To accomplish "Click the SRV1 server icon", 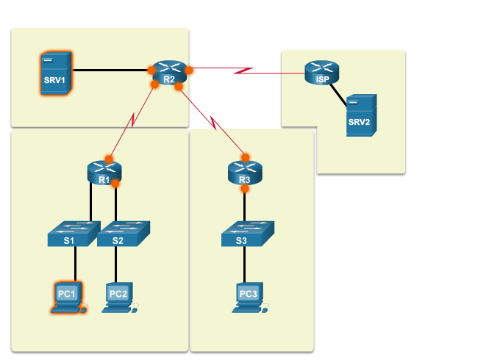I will coord(56,73).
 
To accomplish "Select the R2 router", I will coord(169,73).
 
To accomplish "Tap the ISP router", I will coord(321,73).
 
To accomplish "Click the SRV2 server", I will coord(361,115).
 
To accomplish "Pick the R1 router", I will coord(104,173).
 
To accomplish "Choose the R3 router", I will coord(245,173).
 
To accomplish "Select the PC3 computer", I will coord(249,297).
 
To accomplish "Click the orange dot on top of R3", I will coord(245,157).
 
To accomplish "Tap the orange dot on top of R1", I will coord(109,158).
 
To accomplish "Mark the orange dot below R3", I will coord(245,189).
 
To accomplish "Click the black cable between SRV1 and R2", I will coord(110,71).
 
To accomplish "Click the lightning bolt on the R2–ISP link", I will coord(243,71).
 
